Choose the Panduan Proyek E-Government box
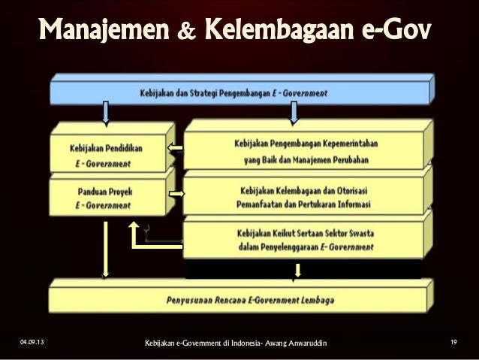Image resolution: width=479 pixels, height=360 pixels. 110,197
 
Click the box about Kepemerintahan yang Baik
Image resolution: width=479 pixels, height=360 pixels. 304,150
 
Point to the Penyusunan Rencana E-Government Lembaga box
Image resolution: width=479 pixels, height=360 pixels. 240,296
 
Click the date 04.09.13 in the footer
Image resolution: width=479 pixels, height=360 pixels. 32,343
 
